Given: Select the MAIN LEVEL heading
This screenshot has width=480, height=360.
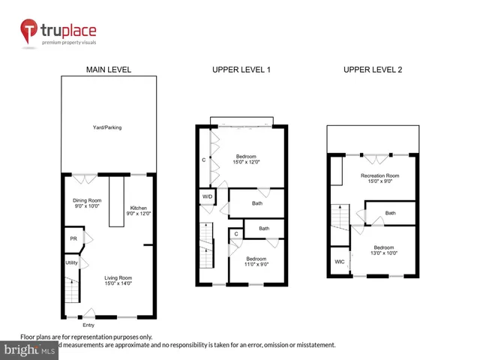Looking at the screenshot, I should click(109, 69).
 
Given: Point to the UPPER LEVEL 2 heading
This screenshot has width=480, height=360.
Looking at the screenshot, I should click(373, 69).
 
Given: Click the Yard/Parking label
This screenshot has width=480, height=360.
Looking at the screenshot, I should click(109, 127).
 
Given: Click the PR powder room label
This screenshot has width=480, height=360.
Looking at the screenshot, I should click(73, 238).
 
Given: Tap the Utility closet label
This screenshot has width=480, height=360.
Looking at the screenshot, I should click(71, 263).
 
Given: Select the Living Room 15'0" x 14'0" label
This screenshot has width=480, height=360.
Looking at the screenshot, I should click(118, 280).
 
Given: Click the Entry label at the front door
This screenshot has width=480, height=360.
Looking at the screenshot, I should click(88, 324).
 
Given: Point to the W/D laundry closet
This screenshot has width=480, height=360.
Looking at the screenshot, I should click(206, 197).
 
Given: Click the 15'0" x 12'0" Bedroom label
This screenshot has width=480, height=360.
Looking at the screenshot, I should click(242, 159).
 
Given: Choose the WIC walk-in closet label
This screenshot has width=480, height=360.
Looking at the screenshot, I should click(339, 262).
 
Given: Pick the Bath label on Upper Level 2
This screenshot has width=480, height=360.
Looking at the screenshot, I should click(390, 213).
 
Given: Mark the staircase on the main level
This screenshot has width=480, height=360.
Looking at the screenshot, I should click(71, 289).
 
